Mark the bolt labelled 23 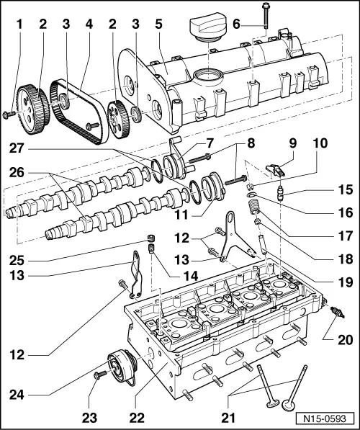[96, 375]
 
